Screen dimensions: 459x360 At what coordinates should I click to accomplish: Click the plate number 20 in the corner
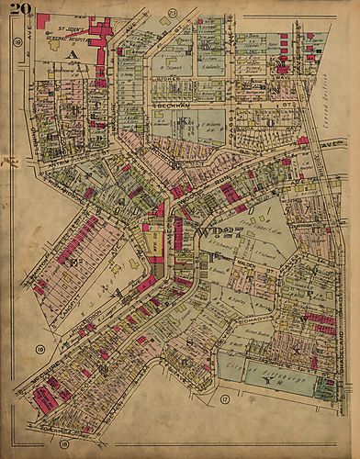pos(21,11)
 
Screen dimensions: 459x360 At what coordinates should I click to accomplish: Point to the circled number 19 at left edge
pos(39,350)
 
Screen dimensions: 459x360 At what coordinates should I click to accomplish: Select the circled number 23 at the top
pos(174,12)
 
